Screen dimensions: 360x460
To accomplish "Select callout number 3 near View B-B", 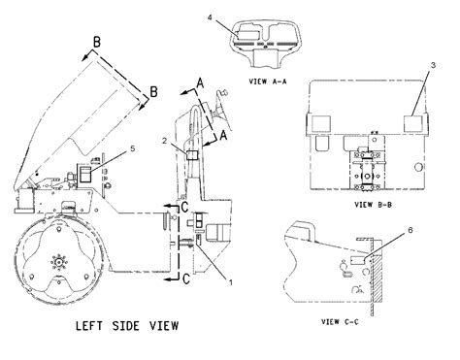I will [x=431, y=65].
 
